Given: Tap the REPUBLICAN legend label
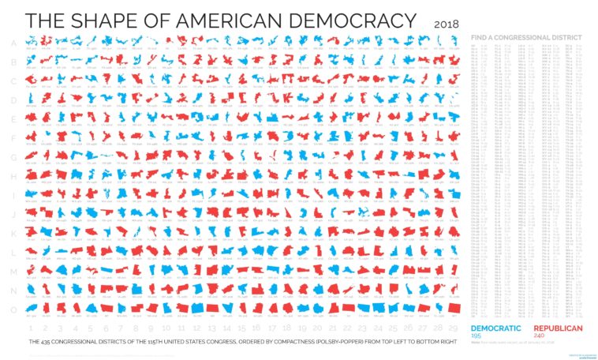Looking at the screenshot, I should [x=558, y=328].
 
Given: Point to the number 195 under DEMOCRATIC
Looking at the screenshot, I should [x=476, y=336].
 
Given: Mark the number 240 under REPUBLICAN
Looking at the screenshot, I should [x=540, y=336].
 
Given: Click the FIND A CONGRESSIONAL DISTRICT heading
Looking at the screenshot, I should [x=525, y=37].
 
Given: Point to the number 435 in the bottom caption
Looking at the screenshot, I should [x=45, y=342].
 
